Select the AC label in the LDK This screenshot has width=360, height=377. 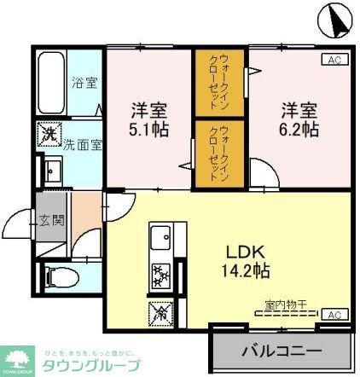pyautogui.click(x=334, y=315)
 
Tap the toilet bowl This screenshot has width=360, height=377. pyautogui.click(x=58, y=276)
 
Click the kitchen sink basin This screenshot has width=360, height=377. pyautogui.click(x=160, y=237)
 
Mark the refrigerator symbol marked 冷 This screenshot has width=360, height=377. pyautogui.click(x=160, y=311)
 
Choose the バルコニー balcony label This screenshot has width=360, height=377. pyautogui.click(x=281, y=350)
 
